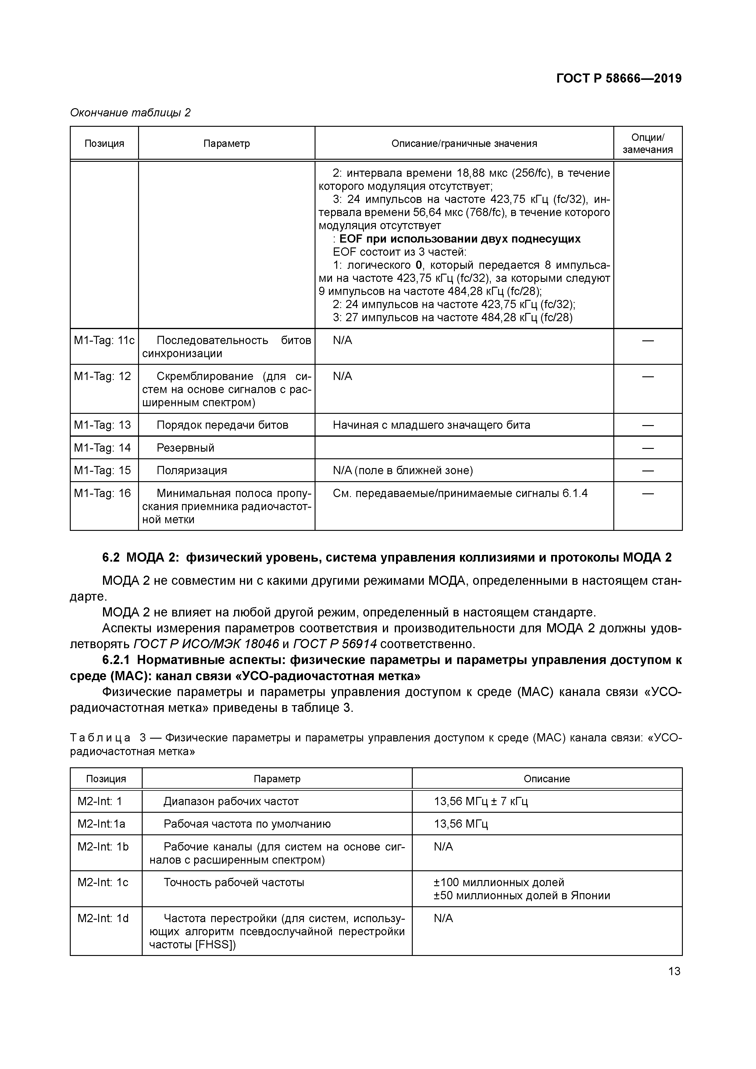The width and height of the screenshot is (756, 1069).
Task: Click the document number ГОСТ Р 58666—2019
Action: (x=619, y=78)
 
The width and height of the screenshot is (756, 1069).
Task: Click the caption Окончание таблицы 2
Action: (x=130, y=113)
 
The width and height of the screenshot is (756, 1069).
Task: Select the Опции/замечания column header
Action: (x=647, y=144)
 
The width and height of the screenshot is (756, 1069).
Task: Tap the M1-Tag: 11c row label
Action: (x=104, y=341)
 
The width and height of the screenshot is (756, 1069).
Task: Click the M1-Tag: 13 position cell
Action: (x=102, y=425)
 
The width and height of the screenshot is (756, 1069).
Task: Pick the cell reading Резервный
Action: (x=185, y=448)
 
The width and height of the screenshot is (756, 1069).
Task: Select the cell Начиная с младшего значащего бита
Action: (x=431, y=425)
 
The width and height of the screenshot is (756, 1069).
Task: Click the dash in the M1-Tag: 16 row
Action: (x=647, y=494)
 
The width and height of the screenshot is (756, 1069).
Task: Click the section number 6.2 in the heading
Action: (x=111, y=557)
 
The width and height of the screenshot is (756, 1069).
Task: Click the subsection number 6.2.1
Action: (x=117, y=660)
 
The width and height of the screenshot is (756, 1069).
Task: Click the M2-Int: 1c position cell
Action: (x=103, y=882)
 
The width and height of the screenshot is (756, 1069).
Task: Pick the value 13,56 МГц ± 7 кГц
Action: (x=481, y=801)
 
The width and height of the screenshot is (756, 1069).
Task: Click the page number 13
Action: (x=674, y=971)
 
